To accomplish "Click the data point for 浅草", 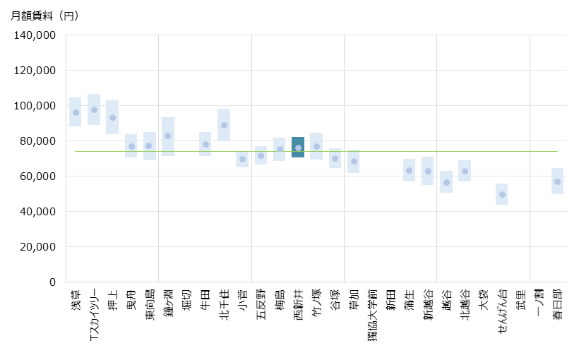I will click(x=76, y=112).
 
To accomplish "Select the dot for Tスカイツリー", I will click(x=94, y=109).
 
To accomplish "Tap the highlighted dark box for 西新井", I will click(x=298, y=148).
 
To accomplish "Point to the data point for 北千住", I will click(x=224, y=125).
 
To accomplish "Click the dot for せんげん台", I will click(x=502, y=194).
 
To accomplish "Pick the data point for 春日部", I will click(x=557, y=181).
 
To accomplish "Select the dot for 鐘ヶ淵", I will click(x=168, y=136).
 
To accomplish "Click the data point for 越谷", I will click(x=446, y=182).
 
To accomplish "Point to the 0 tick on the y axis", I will click(x=52, y=282).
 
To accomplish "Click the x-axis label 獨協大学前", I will click(x=372, y=314).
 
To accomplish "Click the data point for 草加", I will click(x=354, y=161).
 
